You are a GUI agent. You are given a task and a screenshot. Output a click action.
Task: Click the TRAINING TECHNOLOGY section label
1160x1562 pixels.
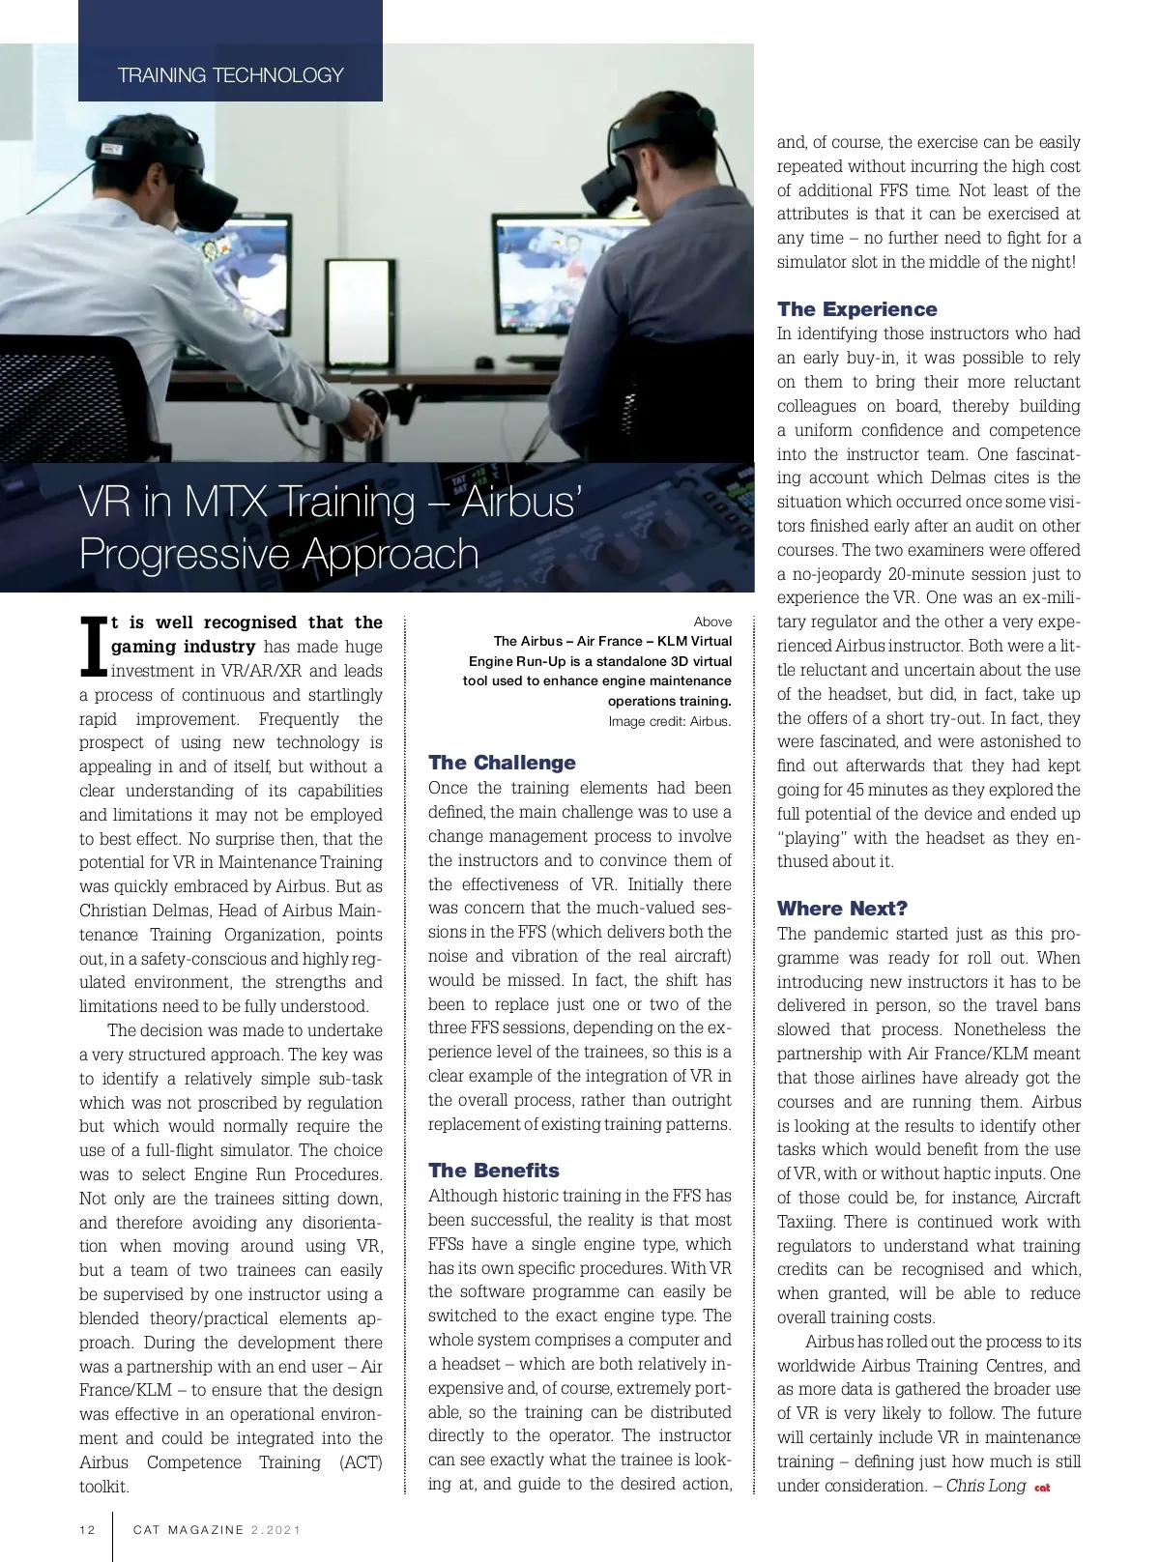230,75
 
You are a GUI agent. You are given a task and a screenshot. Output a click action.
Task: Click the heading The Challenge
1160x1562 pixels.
502,763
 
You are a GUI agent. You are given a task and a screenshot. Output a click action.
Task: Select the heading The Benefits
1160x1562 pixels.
494,1171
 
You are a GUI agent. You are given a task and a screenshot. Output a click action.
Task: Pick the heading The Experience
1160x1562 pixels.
856,309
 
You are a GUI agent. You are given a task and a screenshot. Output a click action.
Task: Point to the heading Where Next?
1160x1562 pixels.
842,909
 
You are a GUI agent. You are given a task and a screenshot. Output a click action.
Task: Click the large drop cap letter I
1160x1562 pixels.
93,647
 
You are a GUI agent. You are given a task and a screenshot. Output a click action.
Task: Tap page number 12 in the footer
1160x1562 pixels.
88,1530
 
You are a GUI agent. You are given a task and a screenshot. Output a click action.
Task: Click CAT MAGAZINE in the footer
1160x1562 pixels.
188,1530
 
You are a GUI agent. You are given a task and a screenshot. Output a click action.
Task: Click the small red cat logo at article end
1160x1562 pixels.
1042,1488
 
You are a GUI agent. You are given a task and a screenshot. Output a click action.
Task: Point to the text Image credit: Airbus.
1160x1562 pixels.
669,721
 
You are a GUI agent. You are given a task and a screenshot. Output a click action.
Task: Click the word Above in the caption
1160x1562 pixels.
712,622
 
